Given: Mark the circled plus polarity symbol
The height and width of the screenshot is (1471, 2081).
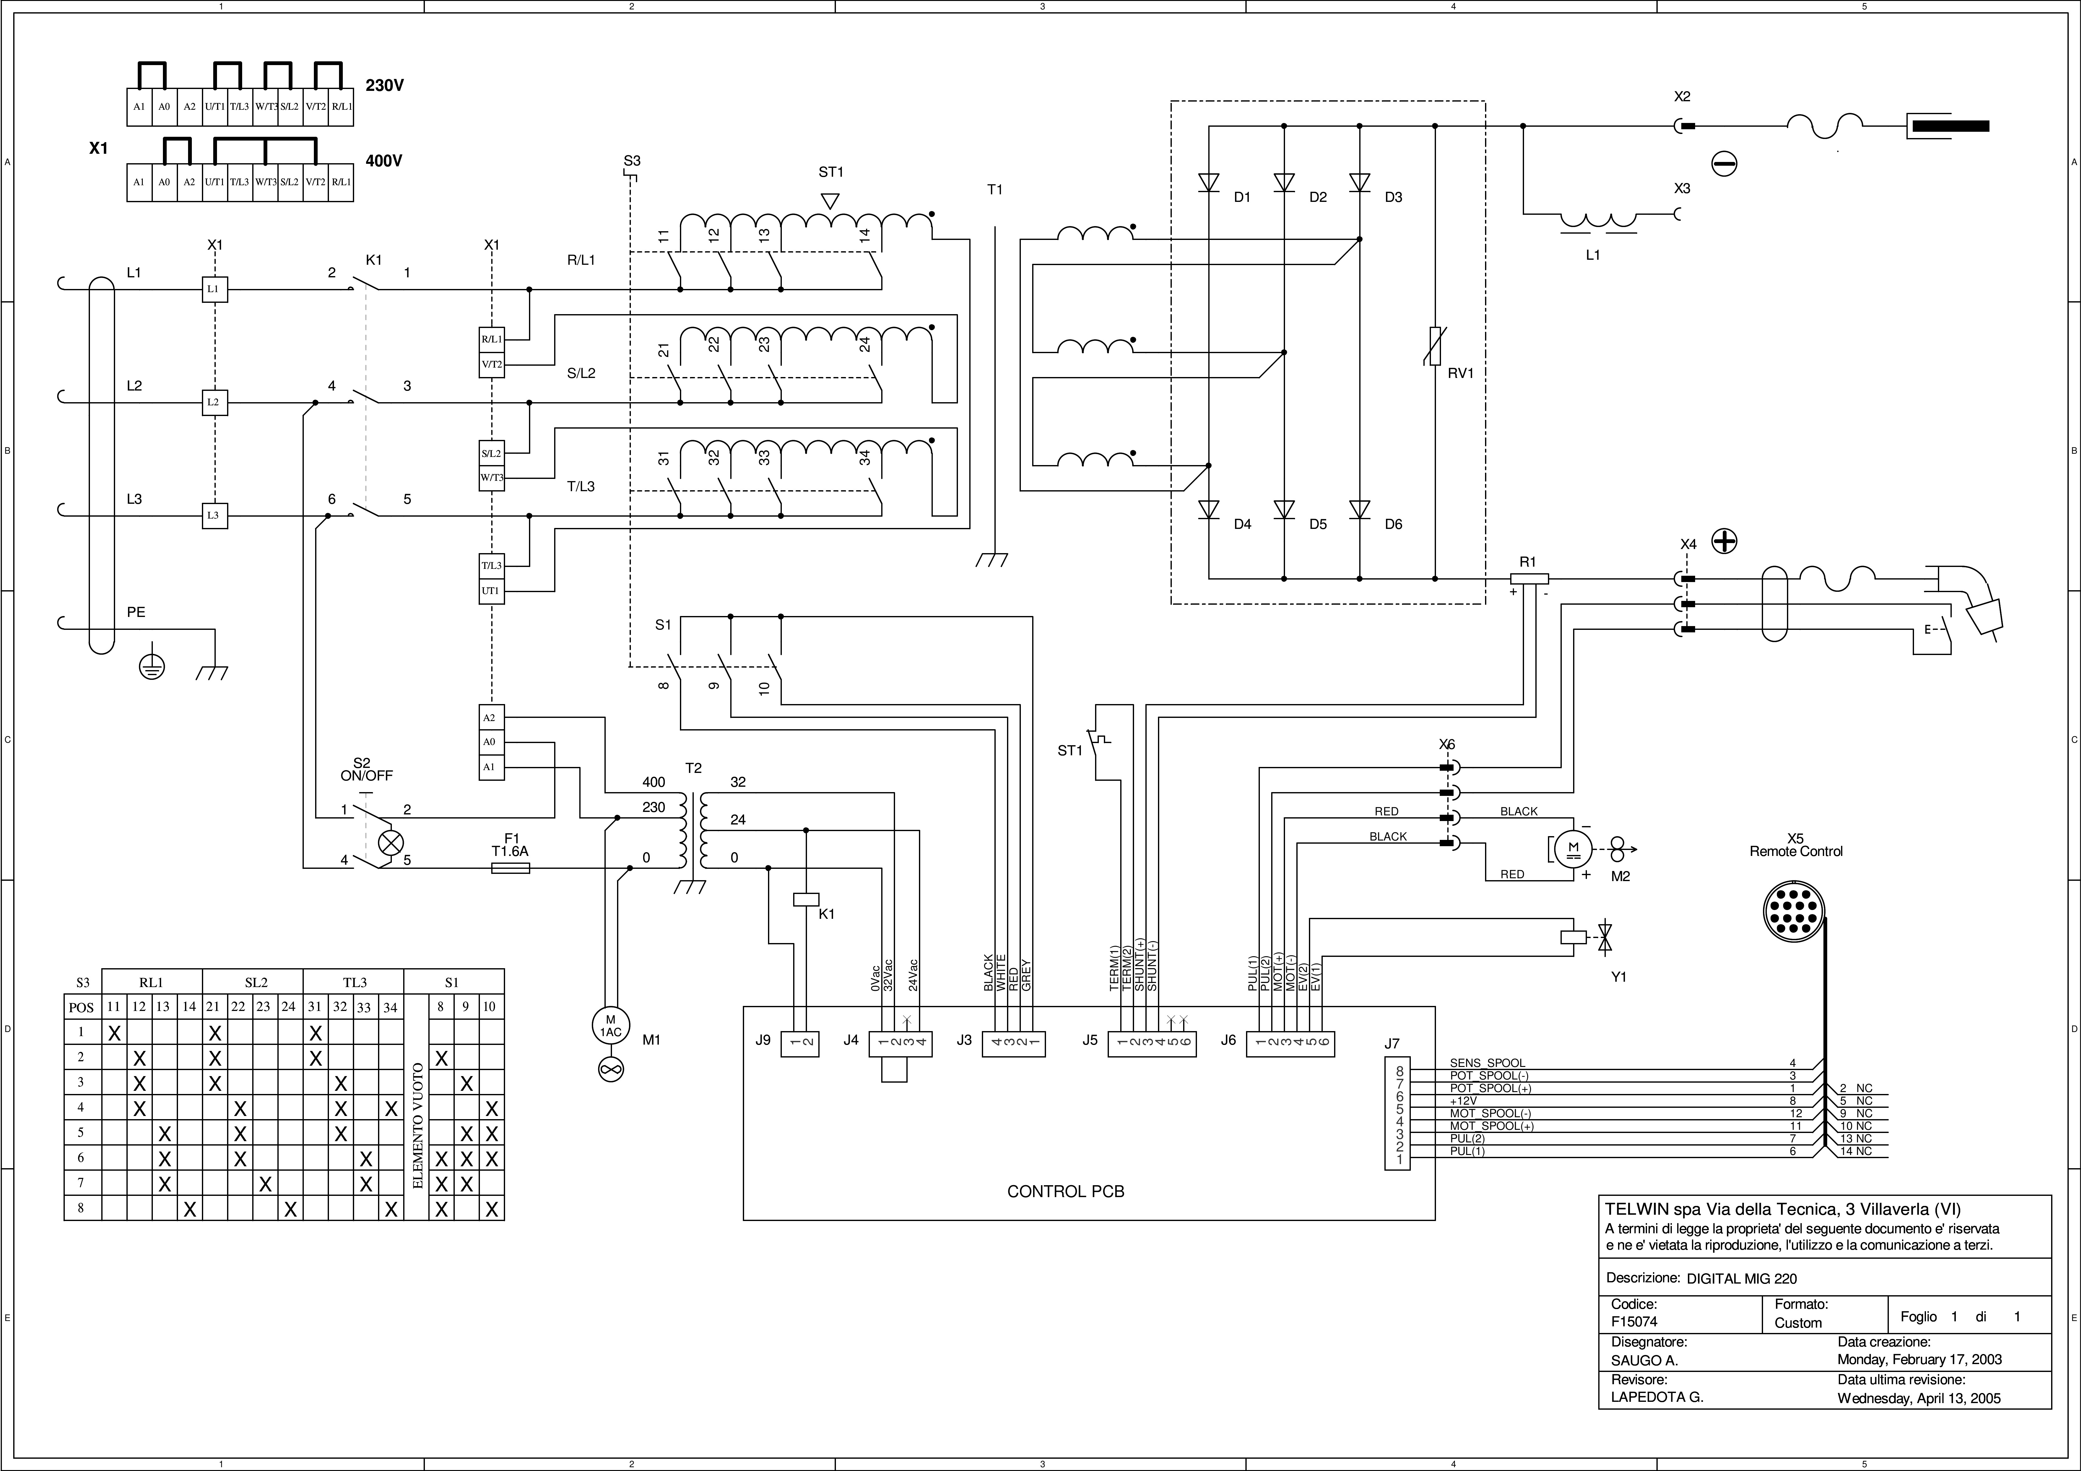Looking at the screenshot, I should pos(1724,542).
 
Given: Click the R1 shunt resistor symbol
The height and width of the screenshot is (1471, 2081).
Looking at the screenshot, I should pos(1530,578).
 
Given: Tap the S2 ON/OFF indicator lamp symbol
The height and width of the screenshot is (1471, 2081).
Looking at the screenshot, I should pos(391,843).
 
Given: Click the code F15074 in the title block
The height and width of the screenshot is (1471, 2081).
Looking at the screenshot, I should pos(1634,1321).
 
